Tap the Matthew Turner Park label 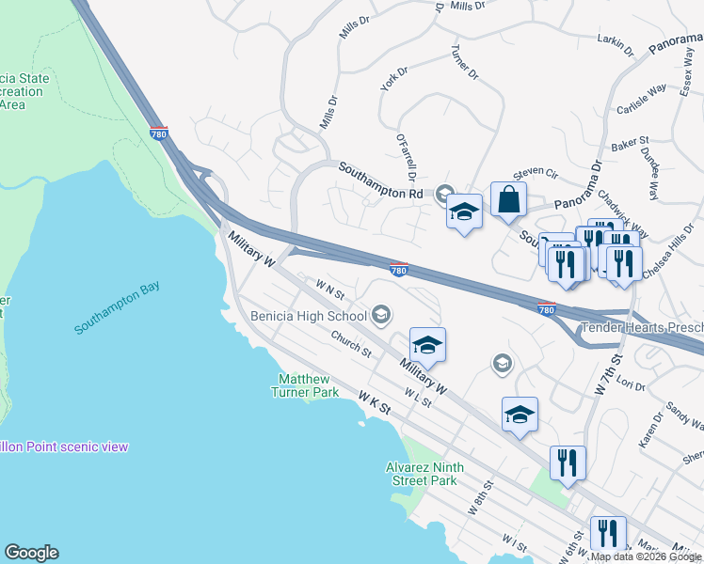[x=307, y=385]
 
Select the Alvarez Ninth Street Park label [x=421, y=474]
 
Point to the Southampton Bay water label [x=118, y=308]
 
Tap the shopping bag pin [x=508, y=200]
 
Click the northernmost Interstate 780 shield [x=159, y=134]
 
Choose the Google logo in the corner [x=31, y=553]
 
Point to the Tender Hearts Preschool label [x=640, y=328]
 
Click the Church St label [x=350, y=343]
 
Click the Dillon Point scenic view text [x=64, y=446]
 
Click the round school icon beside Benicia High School [x=381, y=313]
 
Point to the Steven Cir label [x=536, y=174]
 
